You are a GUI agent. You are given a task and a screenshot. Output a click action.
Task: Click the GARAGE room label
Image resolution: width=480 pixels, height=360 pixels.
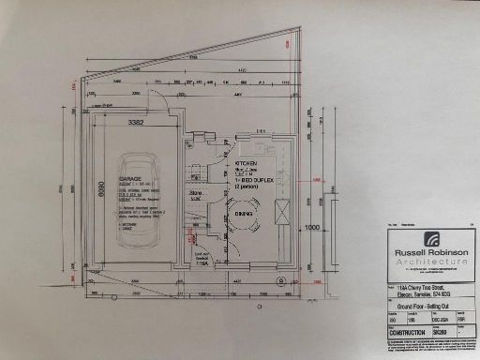128,177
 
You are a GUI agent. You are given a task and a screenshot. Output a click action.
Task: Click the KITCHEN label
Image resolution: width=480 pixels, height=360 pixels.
247,162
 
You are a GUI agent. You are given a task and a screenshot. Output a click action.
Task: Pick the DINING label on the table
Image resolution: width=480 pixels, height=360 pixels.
243,215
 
